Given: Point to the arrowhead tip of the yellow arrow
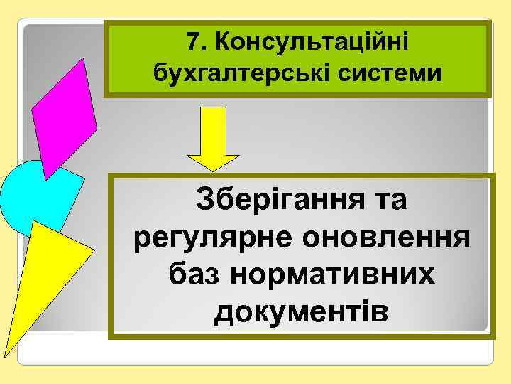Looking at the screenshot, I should (213, 170).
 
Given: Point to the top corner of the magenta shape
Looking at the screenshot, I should (84, 58).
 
